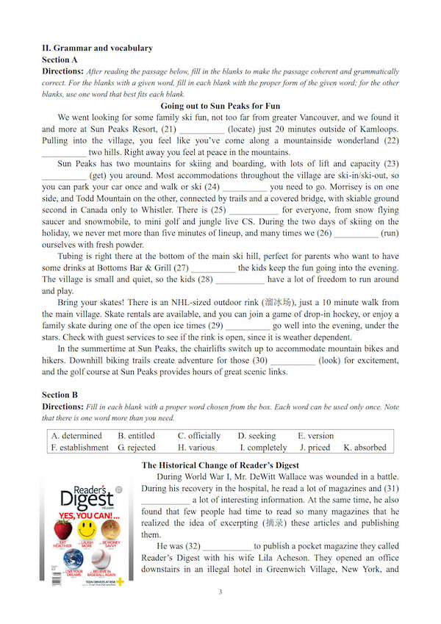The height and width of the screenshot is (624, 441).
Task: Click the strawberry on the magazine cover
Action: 64,529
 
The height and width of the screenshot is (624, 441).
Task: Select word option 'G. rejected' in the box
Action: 137,447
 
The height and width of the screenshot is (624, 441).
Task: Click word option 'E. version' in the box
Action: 315,436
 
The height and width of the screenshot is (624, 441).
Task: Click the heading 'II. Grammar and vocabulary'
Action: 98,48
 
